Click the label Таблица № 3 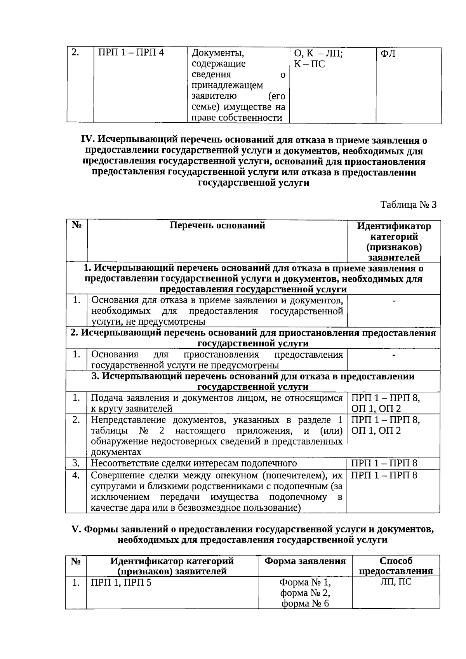click(408, 205)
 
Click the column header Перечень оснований click(217, 226)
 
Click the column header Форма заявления click(305, 561)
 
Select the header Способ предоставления click(395, 566)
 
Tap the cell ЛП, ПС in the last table click(395, 582)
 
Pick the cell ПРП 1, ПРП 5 click(121, 582)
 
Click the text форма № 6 click(305, 603)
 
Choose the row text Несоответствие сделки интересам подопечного click(194, 463)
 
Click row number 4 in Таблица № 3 click(76, 475)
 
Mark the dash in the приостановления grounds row click(394, 355)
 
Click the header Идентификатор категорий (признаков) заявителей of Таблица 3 click(394, 242)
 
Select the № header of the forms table click(76, 561)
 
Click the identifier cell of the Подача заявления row click(385, 403)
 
